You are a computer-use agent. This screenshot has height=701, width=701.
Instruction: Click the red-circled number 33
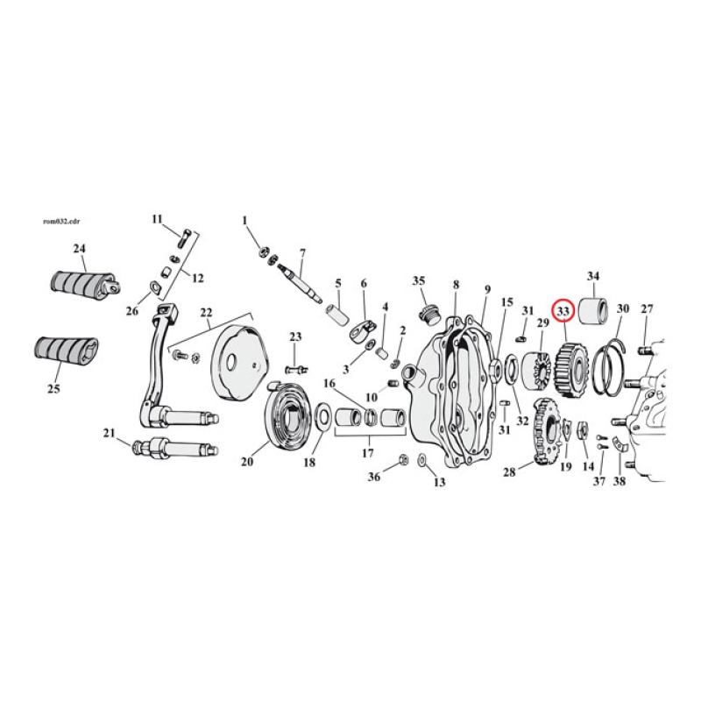click(x=563, y=310)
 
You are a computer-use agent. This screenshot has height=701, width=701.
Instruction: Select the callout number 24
click(x=80, y=249)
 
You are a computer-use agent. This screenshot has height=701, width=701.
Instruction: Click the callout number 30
click(x=623, y=308)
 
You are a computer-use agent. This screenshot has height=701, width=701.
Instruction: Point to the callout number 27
click(x=648, y=308)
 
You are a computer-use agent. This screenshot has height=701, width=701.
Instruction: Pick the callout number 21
click(x=109, y=433)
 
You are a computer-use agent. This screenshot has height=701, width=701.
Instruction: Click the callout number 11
click(x=158, y=218)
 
